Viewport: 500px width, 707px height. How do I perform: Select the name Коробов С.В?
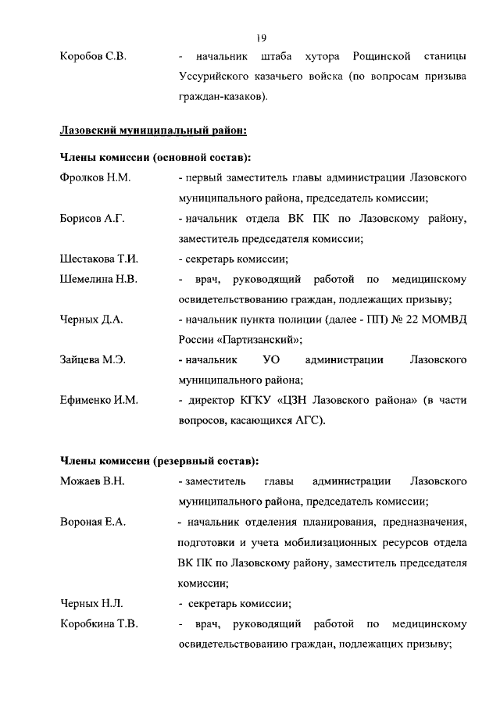click(92, 57)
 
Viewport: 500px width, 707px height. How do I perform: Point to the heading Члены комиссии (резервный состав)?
click(159, 460)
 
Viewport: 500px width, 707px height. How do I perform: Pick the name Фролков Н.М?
click(95, 178)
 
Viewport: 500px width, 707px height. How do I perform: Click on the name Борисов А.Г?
click(92, 219)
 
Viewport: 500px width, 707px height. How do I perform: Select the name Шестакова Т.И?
click(98, 259)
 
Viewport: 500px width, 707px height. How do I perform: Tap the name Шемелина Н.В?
click(98, 279)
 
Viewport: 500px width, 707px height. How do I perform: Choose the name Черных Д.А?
click(91, 320)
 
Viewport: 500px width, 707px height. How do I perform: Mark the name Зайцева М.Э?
click(93, 360)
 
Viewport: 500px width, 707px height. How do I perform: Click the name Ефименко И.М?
click(98, 401)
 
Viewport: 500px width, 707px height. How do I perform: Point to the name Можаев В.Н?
click(92, 481)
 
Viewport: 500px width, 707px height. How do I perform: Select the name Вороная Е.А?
click(93, 522)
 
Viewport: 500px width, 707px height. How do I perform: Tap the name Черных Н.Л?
click(91, 603)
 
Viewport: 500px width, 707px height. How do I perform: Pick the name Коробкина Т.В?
click(98, 623)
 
